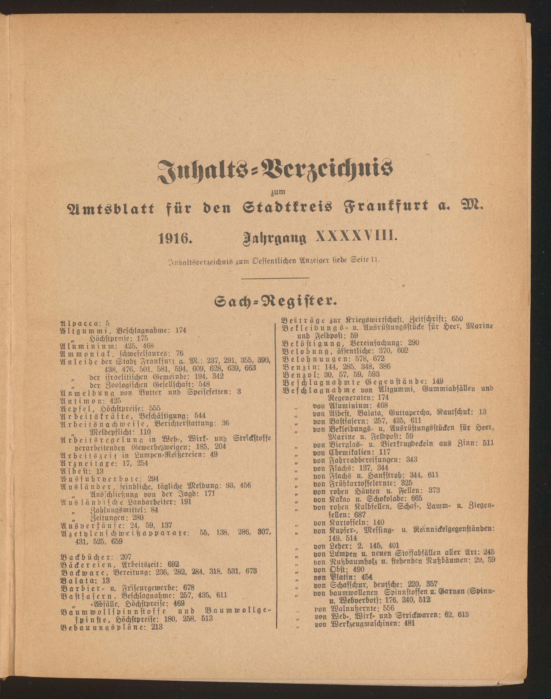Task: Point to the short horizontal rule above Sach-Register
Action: (275, 277)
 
